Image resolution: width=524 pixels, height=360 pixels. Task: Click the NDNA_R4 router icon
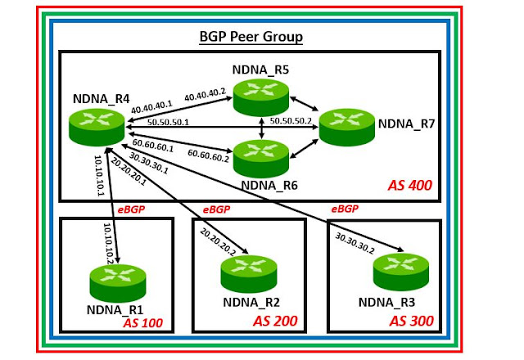pos(97,128)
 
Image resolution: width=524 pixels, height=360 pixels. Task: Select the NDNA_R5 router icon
pos(261,97)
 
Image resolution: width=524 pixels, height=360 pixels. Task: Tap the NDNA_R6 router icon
pos(261,159)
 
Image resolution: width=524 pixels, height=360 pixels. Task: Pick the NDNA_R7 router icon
pos(347,127)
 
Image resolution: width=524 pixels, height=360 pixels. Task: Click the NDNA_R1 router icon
pos(118,283)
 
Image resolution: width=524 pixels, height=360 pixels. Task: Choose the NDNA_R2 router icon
pos(249,274)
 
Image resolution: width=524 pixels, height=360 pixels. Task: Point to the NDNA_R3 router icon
pos(401,272)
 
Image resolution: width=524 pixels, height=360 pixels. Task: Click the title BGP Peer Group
pos(251,36)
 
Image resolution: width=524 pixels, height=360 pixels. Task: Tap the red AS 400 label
pos(410,186)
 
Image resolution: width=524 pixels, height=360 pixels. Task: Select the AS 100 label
pos(142,323)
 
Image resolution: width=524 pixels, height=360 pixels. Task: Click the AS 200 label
pos(275,321)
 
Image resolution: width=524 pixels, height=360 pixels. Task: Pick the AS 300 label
pos(411,321)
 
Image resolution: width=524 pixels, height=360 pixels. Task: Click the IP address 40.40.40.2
pos(206,95)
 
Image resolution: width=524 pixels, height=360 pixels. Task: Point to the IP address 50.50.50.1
pos(168,122)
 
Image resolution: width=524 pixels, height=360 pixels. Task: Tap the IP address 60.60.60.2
pos(209,155)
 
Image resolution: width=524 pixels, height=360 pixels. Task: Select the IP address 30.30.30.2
pos(355,243)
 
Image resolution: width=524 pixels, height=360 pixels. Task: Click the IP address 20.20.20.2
pos(218,242)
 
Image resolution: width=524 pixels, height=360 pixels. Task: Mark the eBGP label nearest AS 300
pos(345,209)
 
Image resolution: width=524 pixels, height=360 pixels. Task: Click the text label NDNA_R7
pos(406,124)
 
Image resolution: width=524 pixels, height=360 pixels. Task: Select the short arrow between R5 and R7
pos(304,104)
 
